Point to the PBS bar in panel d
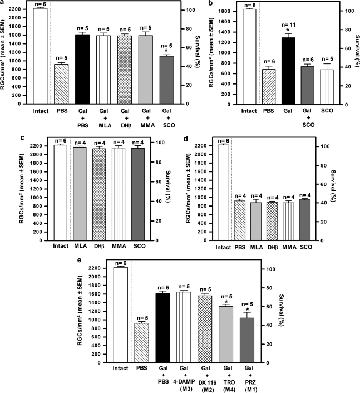(x=239, y=220)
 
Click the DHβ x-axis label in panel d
(x=272, y=245)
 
